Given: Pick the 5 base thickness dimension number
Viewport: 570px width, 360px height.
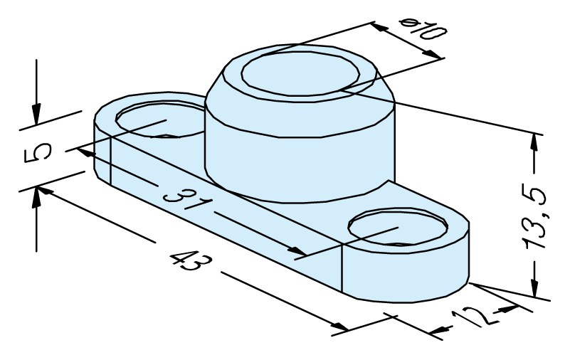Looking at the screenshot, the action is coord(38,153).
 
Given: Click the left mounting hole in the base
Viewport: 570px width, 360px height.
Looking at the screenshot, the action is coord(160,119).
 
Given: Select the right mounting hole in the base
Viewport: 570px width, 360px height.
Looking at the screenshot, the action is coord(398,227).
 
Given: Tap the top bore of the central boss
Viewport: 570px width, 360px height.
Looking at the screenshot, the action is coord(300,74).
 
